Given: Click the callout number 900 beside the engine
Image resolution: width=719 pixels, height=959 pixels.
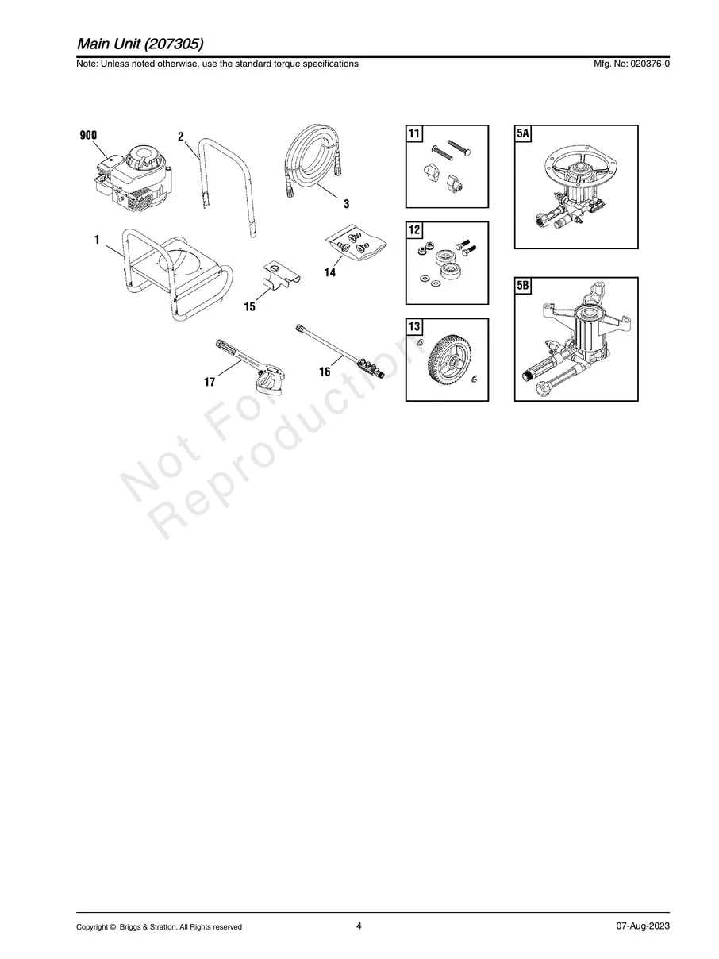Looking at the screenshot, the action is [88, 136].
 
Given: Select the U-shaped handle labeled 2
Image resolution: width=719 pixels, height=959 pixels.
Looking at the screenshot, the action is [226, 188].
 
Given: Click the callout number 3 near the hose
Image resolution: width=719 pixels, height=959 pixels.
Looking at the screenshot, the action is [346, 203].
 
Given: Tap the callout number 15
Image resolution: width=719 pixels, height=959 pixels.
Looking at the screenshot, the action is [249, 306].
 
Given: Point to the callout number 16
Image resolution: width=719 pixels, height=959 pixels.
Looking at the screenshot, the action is [325, 372].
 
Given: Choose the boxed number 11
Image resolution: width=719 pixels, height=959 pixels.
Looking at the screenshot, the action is [413, 133].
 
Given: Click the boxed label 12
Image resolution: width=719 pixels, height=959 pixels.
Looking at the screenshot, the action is [413, 229].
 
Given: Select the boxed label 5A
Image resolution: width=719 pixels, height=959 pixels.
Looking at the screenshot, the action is [522, 133].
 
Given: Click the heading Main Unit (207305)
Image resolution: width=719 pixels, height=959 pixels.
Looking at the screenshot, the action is [140, 44].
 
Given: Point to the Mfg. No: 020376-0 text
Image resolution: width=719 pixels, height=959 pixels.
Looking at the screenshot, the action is [631, 64].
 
